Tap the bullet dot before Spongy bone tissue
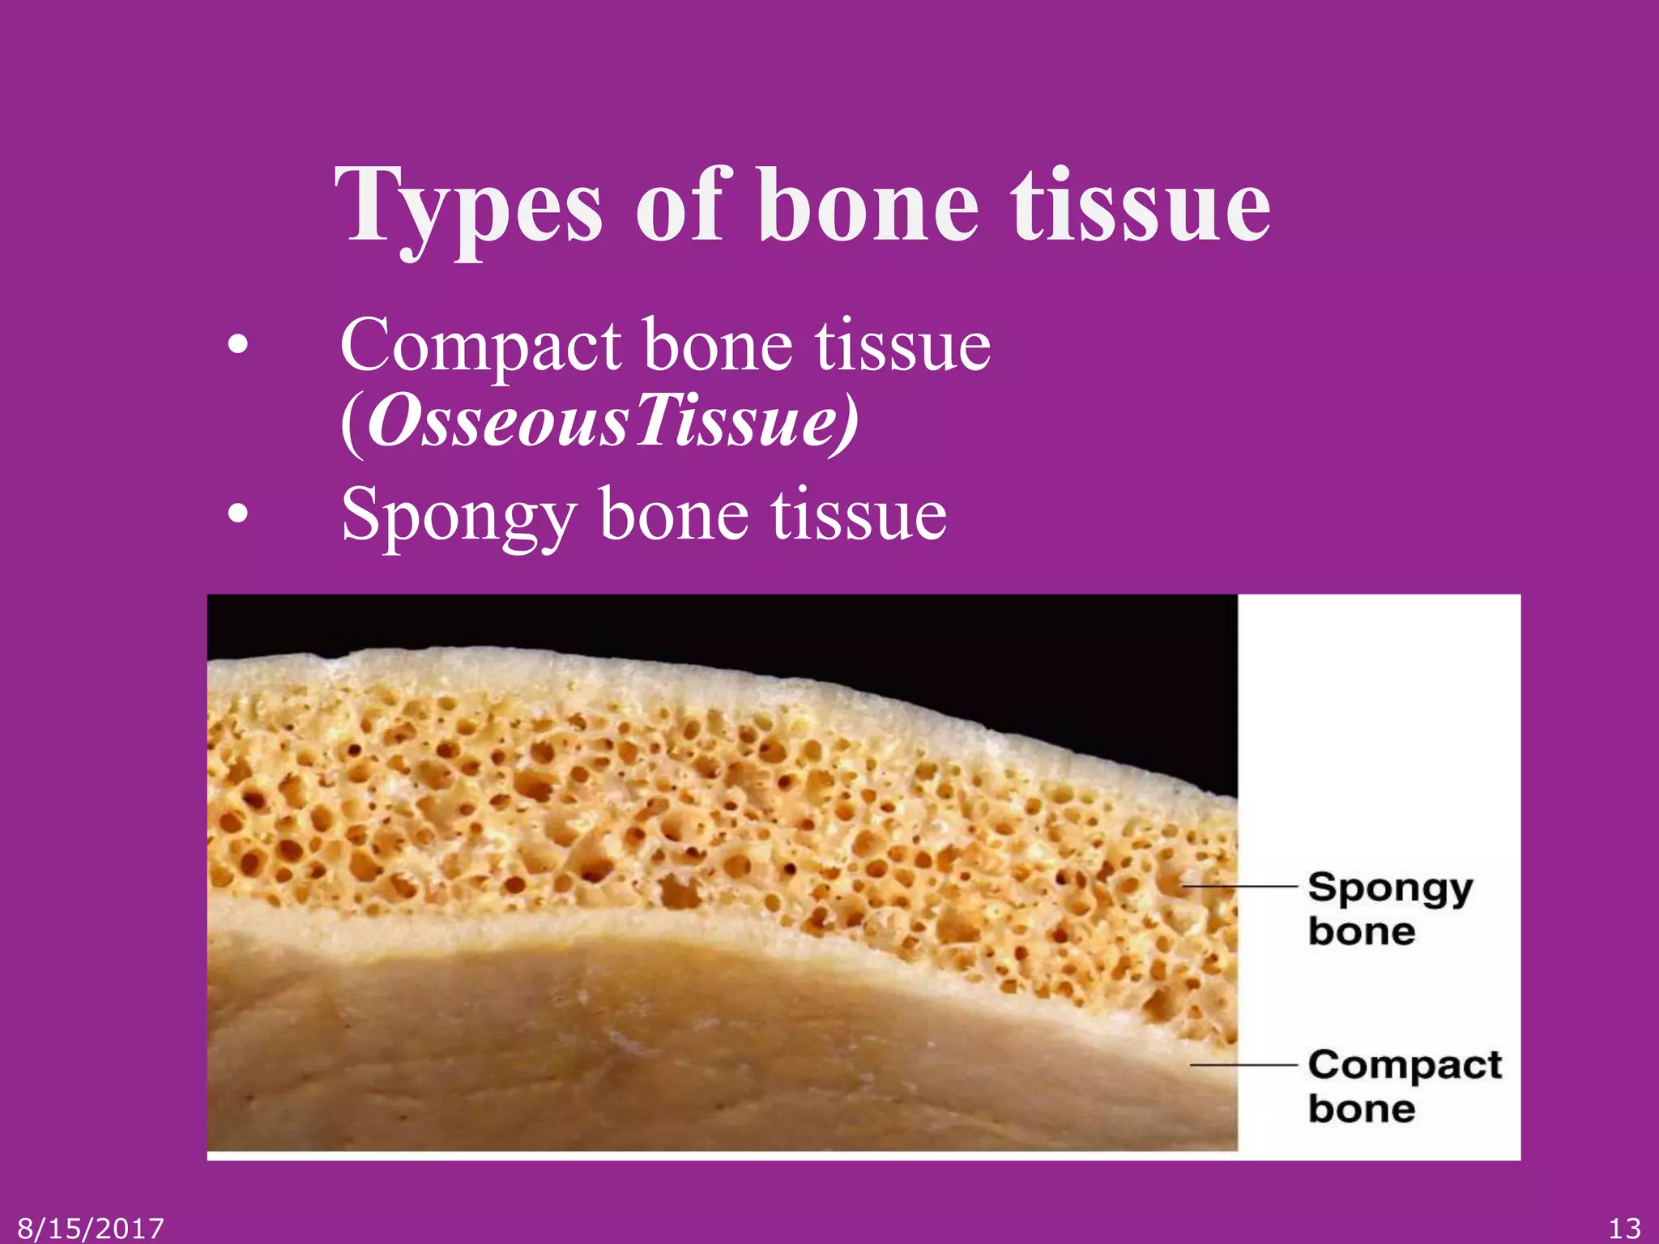[x=237, y=514]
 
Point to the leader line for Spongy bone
[x=1239, y=887]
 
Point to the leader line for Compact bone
[x=1244, y=1065]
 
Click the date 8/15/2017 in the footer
[x=91, y=1229]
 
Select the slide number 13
[x=1624, y=1229]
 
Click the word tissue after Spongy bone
[x=859, y=514]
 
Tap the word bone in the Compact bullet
[x=718, y=347]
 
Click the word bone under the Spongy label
[x=1362, y=931]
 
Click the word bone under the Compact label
[x=1362, y=1109]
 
